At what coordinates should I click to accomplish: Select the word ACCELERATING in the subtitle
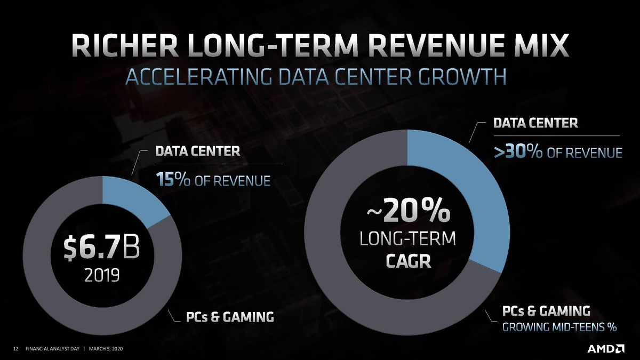198,77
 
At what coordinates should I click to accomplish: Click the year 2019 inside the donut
102,275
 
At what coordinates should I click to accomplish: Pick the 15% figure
173,180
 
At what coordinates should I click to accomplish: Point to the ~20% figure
408,212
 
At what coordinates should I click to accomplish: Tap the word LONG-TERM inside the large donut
407,239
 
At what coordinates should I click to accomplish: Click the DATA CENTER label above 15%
198,151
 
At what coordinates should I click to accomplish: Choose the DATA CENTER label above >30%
535,123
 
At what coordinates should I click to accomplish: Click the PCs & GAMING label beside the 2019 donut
230,317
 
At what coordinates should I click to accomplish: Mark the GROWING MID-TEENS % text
559,327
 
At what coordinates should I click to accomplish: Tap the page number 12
16,349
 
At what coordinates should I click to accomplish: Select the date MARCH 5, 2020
106,349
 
